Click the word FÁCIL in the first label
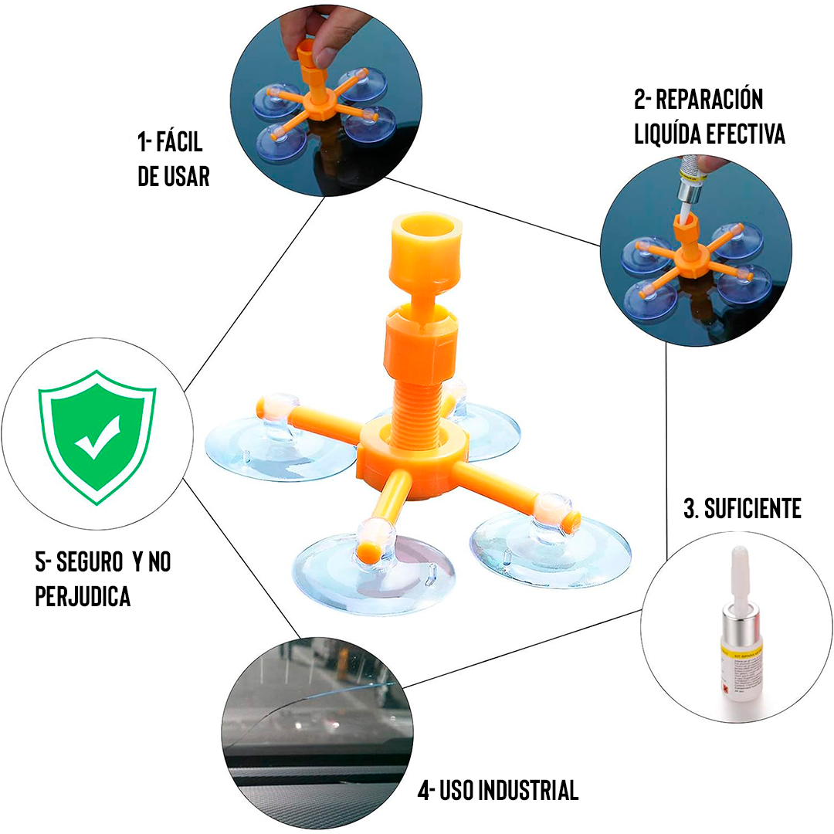click(180, 143)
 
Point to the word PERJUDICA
click(83, 597)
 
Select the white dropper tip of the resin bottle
click(737, 571)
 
